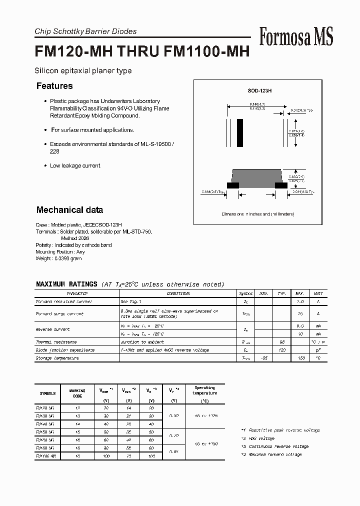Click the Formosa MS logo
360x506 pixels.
coord(296,36)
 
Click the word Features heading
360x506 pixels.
coord(54,86)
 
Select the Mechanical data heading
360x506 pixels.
coord(69,210)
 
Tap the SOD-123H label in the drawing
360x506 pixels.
coord(259,90)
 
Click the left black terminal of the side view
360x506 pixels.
coord(232,185)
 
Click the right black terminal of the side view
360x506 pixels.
coord(281,185)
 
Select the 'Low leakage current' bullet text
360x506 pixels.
coord(75,165)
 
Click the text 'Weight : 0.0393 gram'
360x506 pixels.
coord(58,258)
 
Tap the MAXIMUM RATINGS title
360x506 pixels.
coord(66,284)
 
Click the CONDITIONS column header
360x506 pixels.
coord(178,293)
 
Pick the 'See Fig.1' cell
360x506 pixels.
coord(131,301)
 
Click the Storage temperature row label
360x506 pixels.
coord(57,358)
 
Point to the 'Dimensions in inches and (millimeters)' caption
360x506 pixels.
coord(258,214)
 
